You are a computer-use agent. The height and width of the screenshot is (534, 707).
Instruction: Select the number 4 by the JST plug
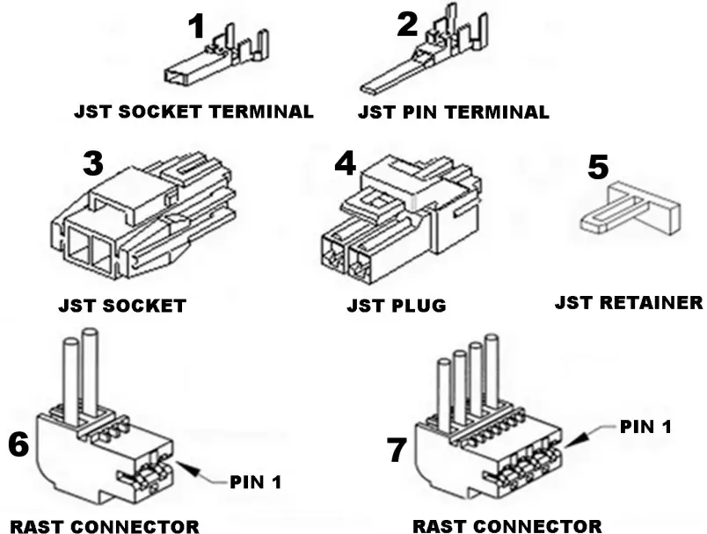[x=345, y=164]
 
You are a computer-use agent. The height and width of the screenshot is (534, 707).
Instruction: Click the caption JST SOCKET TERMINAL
[x=193, y=112]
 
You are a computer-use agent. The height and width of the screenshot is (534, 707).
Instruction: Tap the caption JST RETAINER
[x=629, y=303]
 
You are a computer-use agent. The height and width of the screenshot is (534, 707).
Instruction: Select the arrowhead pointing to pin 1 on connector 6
[x=180, y=465]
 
